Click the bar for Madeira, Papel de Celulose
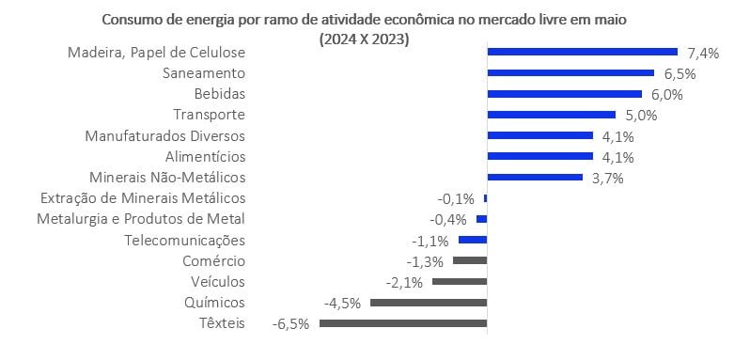pyautogui.click(x=582, y=53)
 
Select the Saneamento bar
pyautogui.click(x=570, y=73)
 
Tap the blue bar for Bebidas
pyautogui.click(x=564, y=94)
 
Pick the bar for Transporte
pyautogui.click(x=551, y=115)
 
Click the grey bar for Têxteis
pyautogui.click(x=403, y=323)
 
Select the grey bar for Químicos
pyautogui.click(x=429, y=303)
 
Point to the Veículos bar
pyautogui.click(x=460, y=282)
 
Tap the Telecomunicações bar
pyautogui.click(x=473, y=240)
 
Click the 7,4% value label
pyautogui.click(x=703, y=53)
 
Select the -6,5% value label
pyautogui.click(x=291, y=324)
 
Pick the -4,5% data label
pyautogui.click(x=342, y=303)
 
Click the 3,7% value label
pyautogui.click(x=607, y=178)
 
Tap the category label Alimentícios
pyautogui.click(x=205, y=156)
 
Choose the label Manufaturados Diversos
pyautogui.click(x=165, y=135)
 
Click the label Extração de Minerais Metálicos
pyautogui.click(x=143, y=198)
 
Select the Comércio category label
pyautogui.click(x=214, y=261)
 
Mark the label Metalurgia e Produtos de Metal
pyautogui.click(x=141, y=219)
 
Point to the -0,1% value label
pyautogui.click(x=457, y=198)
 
